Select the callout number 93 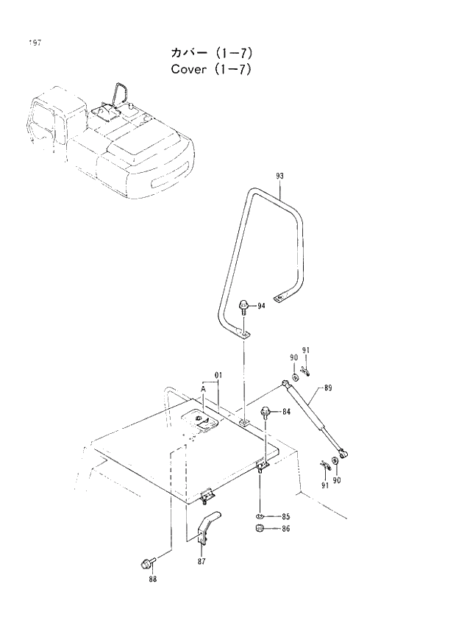[279, 176]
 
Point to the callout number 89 [328, 388]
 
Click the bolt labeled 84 [266, 413]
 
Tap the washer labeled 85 [261, 516]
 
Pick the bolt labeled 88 [145, 565]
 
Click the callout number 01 [218, 375]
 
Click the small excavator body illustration [110, 140]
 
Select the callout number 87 [202, 562]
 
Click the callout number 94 [261, 306]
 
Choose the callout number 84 [286, 412]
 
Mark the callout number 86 [285, 529]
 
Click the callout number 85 [285, 516]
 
